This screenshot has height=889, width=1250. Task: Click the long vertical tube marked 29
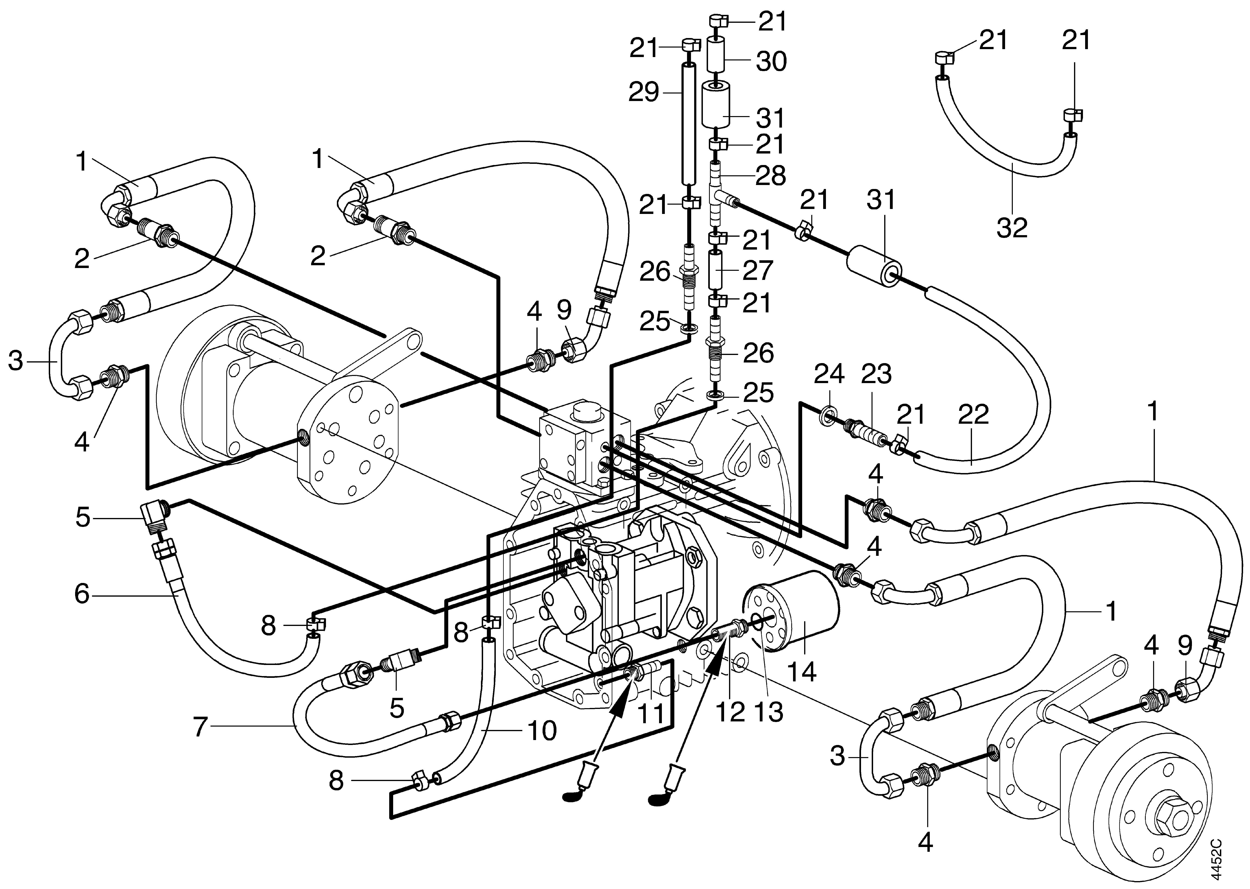[689, 126]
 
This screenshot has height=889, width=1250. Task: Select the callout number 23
[877, 374]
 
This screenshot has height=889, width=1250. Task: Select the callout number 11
[652, 714]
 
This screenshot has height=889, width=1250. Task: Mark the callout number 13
[769, 712]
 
